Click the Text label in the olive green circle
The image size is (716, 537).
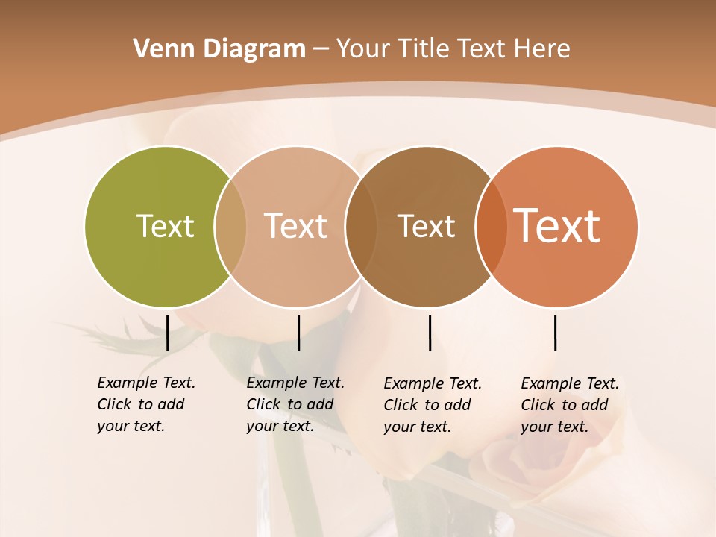pos(165,226)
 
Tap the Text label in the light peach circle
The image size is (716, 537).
pos(295,226)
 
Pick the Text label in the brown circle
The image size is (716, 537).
pos(426,226)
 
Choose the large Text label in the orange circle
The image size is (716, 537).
pos(557,226)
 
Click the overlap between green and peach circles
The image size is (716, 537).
pos(230,227)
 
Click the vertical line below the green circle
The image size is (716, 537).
pos(168,333)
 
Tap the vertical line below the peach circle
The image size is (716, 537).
pos(298,333)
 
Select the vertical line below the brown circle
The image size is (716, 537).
pos(430,333)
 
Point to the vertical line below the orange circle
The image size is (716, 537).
pos(556,333)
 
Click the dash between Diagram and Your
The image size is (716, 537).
pos(320,50)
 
